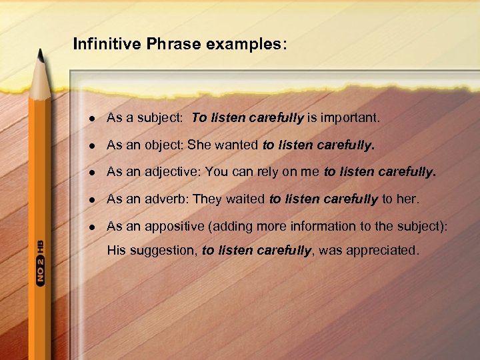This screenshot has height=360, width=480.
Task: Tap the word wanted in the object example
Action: [x=237, y=145]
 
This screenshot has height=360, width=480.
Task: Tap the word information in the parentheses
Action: [x=325, y=226]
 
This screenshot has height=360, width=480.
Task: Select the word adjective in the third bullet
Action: [x=173, y=172]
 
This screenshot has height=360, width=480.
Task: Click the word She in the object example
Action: [x=198, y=145]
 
